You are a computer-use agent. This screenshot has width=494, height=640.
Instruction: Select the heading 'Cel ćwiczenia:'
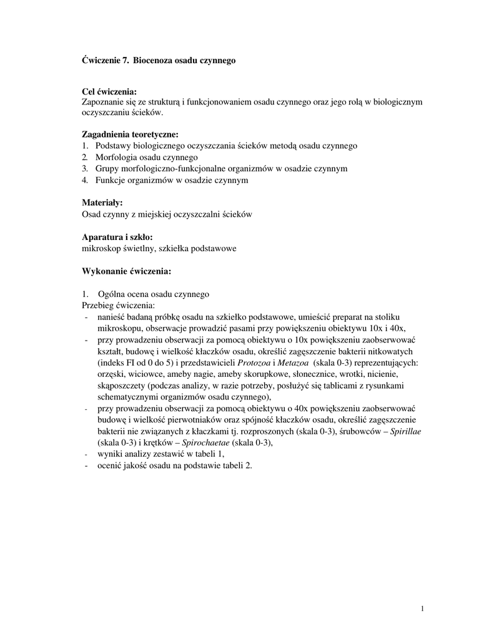[109, 92]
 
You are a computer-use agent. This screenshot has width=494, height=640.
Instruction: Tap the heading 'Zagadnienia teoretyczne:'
[130, 134]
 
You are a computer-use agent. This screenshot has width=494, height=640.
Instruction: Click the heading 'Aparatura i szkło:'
[117, 237]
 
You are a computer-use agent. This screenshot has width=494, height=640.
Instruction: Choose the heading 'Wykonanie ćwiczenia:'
[127, 272]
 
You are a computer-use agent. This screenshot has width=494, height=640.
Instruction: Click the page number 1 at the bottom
[423, 609]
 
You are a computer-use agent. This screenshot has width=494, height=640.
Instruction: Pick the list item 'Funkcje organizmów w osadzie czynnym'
[172, 180]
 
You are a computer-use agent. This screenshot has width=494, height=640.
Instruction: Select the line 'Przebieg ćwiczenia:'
[118, 306]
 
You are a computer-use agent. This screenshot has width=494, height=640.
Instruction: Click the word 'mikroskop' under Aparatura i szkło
[100, 249]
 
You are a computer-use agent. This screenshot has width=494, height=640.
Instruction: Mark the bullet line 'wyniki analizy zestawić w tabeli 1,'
[161, 454]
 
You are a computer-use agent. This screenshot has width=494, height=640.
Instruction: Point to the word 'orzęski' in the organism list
[110, 374]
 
